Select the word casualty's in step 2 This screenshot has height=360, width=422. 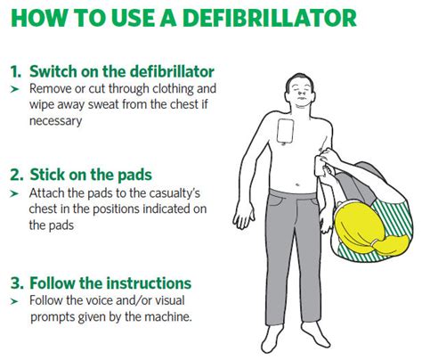tap(165, 192)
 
